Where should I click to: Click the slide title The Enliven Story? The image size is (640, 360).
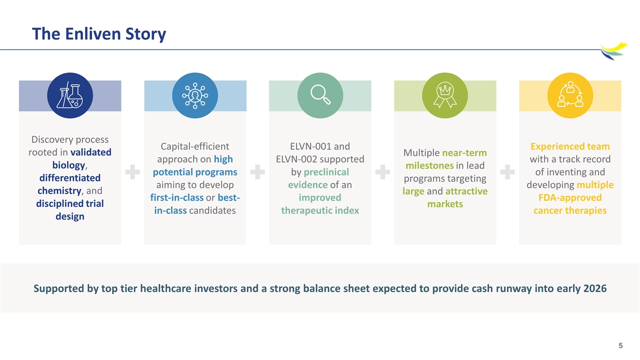tap(99, 34)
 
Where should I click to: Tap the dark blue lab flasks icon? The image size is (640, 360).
tap(70, 95)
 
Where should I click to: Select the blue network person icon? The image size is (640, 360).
tap(195, 95)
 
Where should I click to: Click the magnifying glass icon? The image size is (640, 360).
tap(320, 95)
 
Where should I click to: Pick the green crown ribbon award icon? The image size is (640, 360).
tap(445, 95)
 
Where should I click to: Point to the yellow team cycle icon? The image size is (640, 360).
tap(570, 95)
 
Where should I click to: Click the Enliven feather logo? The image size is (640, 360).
tap(613, 51)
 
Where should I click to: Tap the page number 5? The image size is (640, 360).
tap(620, 345)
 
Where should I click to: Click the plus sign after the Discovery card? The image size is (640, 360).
tap(132, 172)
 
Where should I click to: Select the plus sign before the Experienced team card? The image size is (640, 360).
tap(507, 172)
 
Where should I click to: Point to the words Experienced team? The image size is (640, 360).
tap(570, 146)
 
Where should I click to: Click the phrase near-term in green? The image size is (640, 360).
tap(464, 153)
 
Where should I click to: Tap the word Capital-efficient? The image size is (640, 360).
tap(195, 146)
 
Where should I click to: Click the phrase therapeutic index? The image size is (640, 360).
tap(320, 210)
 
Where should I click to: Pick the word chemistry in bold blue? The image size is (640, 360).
tap(59, 191)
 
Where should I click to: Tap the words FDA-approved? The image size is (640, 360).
tap(570, 197)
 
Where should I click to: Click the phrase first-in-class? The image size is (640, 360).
tap(177, 197)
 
